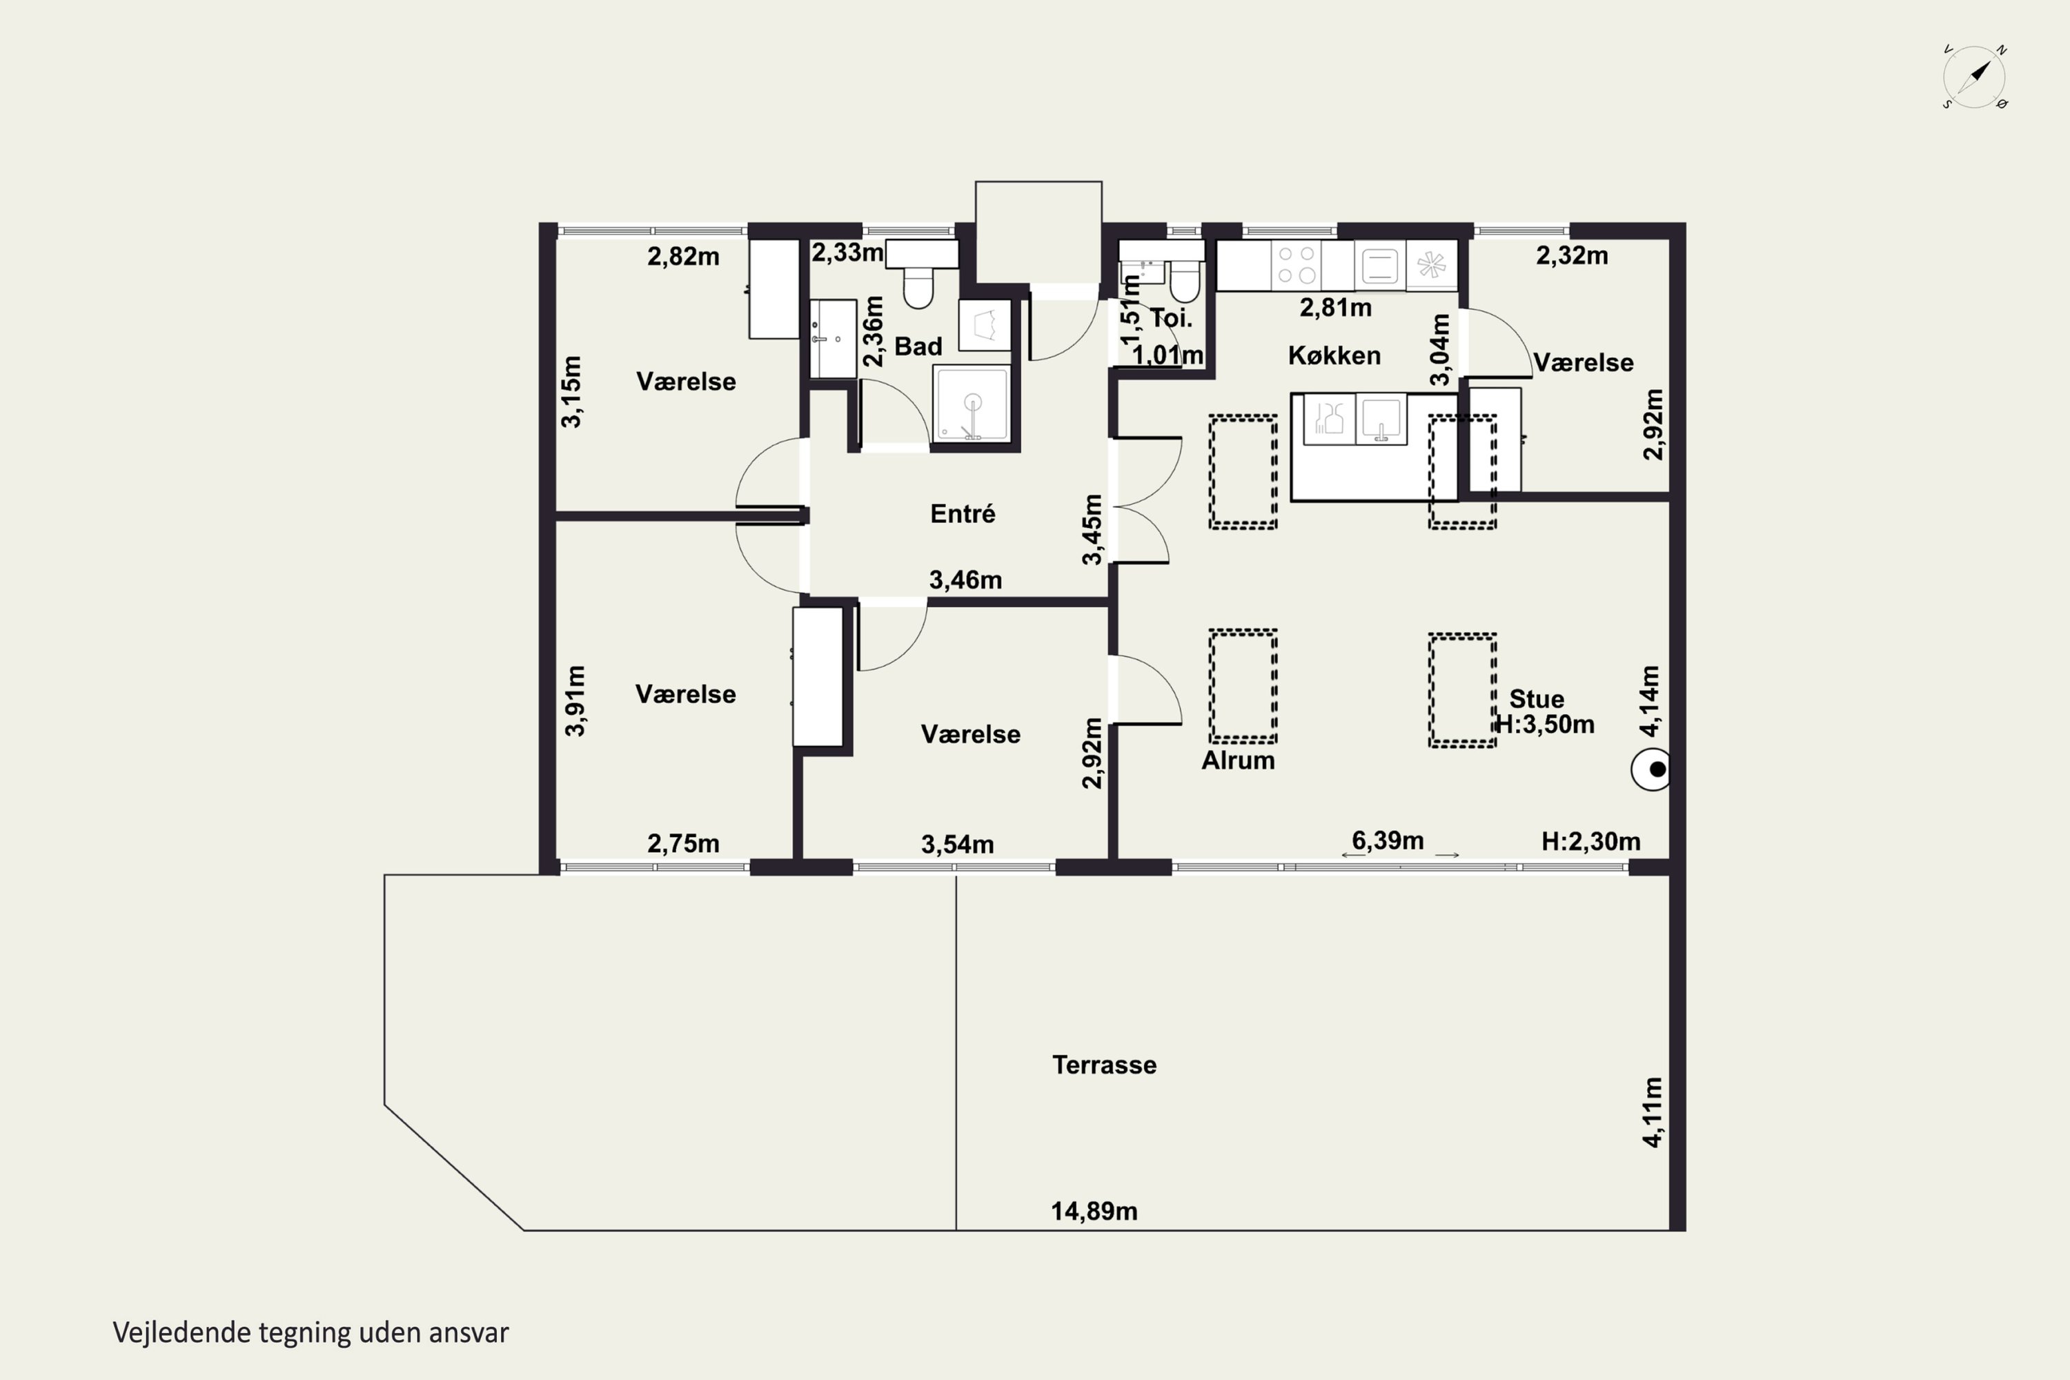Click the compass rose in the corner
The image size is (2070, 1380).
1974,77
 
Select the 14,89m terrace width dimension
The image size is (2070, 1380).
1094,1211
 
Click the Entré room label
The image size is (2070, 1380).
963,513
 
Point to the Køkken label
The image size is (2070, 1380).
1334,355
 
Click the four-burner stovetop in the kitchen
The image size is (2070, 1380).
1297,264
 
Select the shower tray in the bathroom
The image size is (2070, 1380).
972,403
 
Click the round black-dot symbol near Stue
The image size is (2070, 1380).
1651,769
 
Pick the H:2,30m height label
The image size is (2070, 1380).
1590,841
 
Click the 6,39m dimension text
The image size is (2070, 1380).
1387,840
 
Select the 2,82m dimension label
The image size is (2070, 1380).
683,256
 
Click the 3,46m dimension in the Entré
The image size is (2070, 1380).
965,580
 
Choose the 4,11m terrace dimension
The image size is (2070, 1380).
1652,1112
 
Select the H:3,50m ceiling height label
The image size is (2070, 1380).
1545,724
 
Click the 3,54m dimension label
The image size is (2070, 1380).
958,845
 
